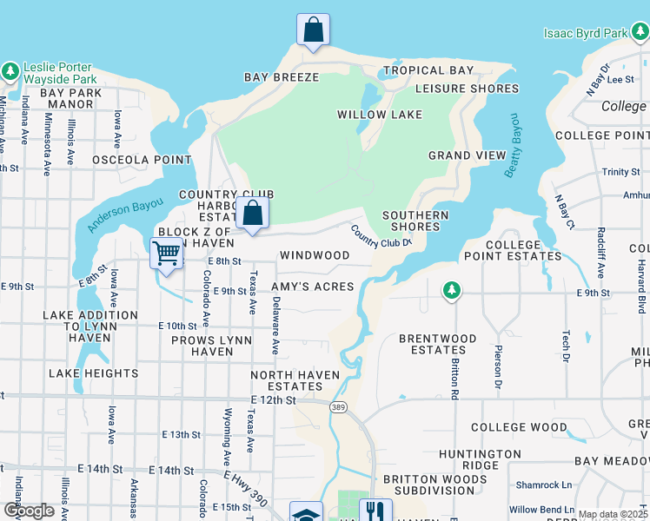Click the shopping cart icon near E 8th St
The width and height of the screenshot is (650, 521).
166,254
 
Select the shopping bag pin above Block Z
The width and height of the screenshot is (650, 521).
252,213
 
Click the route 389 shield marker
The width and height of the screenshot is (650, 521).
339,406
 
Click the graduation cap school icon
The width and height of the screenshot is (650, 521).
306,514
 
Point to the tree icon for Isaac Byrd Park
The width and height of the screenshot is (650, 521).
640,33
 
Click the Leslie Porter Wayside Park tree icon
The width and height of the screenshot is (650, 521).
10,70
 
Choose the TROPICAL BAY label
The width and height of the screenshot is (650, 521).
429,70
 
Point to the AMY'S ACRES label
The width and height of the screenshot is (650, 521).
313,287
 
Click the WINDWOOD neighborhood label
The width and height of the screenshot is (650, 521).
315,256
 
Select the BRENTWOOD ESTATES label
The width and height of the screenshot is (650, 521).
437,345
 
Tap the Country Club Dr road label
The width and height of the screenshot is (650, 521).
381,235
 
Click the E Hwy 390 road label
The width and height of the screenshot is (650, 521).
247,486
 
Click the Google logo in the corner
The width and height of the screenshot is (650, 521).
30,511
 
